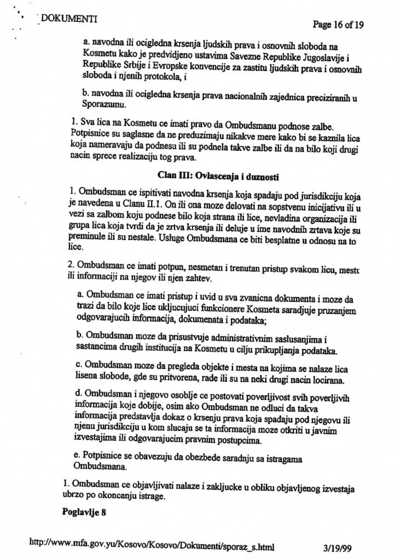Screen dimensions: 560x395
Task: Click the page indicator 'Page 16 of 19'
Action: pyautogui.click(x=338, y=24)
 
